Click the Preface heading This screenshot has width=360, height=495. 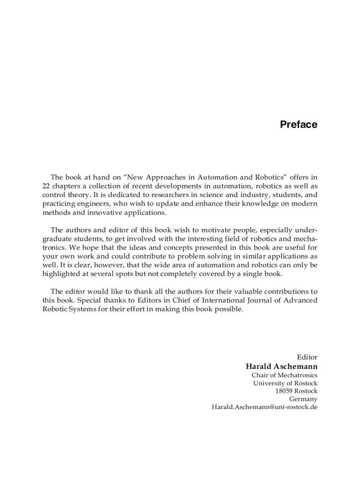pos(298,125)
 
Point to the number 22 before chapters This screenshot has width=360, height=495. pos(46,186)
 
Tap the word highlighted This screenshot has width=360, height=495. pos(63,274)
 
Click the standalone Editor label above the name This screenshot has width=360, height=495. pos(307,357)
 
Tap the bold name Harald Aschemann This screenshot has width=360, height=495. pos(281,366)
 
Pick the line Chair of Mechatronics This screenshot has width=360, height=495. pos(285,375)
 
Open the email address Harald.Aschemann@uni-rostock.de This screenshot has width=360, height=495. pos(265,407)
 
